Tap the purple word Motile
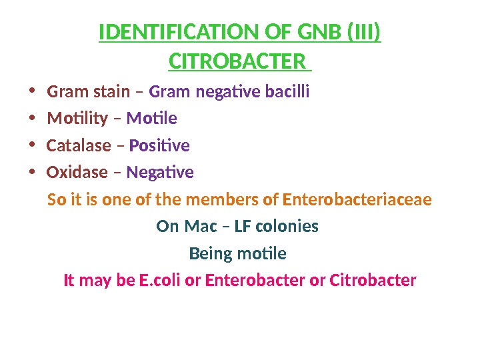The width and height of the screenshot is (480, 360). coord(151,119)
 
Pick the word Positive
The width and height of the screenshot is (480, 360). coord(159,145)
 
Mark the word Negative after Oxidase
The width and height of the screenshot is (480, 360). coord(160,173)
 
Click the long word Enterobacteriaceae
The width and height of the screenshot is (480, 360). coord(357,199)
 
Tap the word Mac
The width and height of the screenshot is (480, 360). coord(201,227)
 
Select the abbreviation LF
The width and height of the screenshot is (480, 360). coord(243,227)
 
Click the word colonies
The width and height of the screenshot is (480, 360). coord(287,227)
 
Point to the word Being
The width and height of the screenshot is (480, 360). coord(209,254)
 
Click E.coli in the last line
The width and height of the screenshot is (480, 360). coord(160,281)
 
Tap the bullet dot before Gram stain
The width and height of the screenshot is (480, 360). coord(32,91)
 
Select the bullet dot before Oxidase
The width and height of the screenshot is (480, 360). coord(32,173)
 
